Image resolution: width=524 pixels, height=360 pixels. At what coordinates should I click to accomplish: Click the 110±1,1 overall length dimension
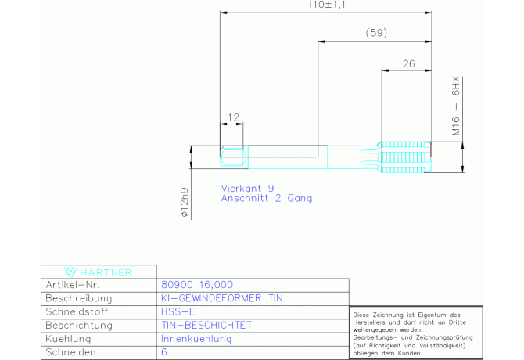pyautogui.click(x=326, y=5)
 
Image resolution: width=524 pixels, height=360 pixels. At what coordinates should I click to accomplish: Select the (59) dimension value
pyautogui.click(x=376, y=33)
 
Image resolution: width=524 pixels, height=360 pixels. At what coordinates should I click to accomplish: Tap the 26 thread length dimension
pyautogui.click(x=409, y=63)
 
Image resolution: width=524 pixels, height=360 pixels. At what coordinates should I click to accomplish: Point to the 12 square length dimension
pyautogui.click(x=233, y=117)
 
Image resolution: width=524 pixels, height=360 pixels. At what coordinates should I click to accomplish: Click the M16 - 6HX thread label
pyautogui.click(x=456, y=106)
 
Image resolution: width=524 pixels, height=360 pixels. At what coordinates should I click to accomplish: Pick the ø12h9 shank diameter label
pyautogui.click(x=185, y=203)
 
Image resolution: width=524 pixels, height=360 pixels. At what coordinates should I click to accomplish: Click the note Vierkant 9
pyautogui.click(x=247, y=188)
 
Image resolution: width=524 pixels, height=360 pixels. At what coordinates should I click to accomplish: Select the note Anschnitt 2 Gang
pyautogui.click(x=267, y=198)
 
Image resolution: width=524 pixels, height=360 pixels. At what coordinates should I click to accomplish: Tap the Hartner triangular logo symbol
pyautogui.click(x=70, y=272)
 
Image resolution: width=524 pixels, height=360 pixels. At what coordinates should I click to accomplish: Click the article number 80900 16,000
pyautogui.click(x=197, y=285)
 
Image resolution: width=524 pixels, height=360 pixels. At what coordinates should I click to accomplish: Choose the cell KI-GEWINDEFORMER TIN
pyautogui.click(x=222, y=298)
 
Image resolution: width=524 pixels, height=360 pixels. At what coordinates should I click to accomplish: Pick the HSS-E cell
pyautogui.click(x=178, y=311)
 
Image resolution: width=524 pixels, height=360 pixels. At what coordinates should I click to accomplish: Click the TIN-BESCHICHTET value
pyautogui.click(x=206, y=326)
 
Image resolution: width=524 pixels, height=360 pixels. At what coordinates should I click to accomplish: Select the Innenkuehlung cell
pyautogui.click(x=196, y=339)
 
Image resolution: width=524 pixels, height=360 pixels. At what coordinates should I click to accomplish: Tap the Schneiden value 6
pyautogui.click(x=164, y=352)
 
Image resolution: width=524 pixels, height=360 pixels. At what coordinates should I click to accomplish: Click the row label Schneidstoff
pyautogui.click(x=77, y=311)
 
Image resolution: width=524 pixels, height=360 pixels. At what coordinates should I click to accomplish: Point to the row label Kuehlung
pyautogui.click(x=68, y=339)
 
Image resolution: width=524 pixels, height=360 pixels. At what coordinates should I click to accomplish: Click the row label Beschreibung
pyautogui.click(x=79, y=298)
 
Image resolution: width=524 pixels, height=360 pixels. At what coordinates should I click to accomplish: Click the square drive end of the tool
pyautogui.click(x=234, y=157)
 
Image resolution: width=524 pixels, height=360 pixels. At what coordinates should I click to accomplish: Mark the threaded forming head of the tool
pyautogui.click(x=407, y=157)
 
